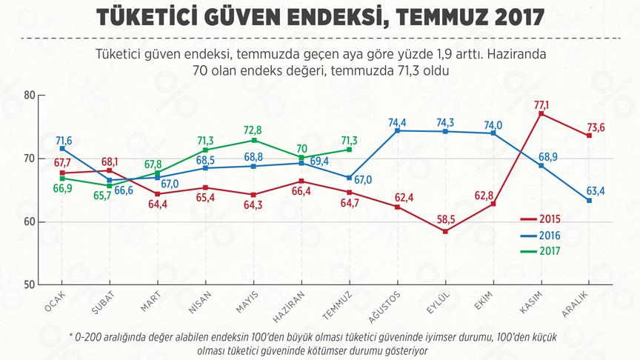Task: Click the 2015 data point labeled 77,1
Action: click(541, 113)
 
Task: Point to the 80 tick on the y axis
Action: click(30, 95)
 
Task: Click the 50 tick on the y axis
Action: click(30, 285)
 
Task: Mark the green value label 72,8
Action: click(253, 130)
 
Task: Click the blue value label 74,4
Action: click(397, 121)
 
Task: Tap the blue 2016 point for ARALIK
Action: click(589, 200)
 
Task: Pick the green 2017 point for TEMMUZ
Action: click(350, 150)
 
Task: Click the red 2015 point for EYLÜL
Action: click(445, 231)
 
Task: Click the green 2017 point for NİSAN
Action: click(205, 150)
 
